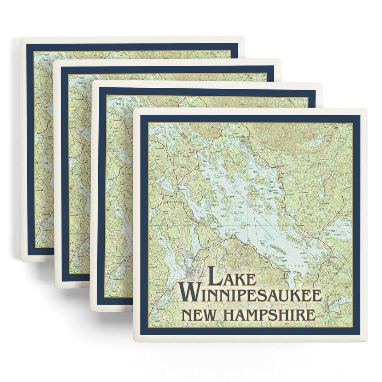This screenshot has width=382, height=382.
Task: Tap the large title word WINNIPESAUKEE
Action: click(250, 294)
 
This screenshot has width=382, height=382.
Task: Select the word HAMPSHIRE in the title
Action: click(269, 314)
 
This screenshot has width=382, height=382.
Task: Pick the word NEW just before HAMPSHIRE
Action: click(198, 314)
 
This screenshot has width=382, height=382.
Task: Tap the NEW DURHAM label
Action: click(343, 284)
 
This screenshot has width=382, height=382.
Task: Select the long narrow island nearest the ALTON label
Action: click(278, 249)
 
